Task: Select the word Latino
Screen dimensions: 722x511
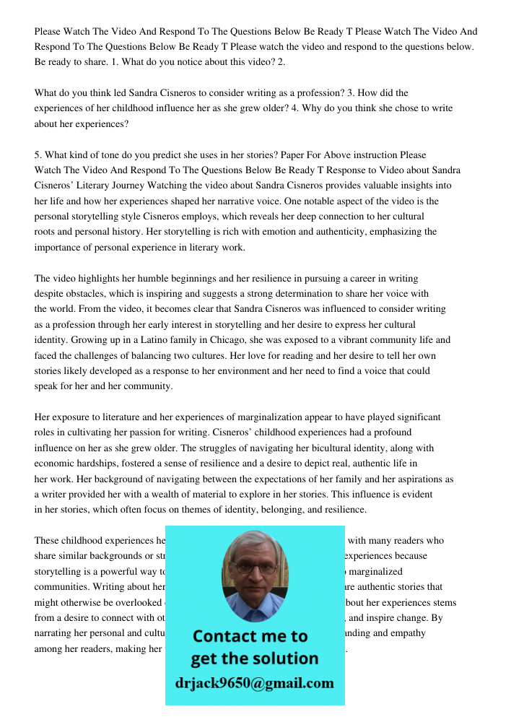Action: pyautogui.click(x=157, y=340)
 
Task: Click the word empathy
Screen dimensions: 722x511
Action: pyautogui.click(x=406, y=633)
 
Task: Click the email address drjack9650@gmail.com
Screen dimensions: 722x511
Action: pyautogui.click(x=255, y=683)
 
